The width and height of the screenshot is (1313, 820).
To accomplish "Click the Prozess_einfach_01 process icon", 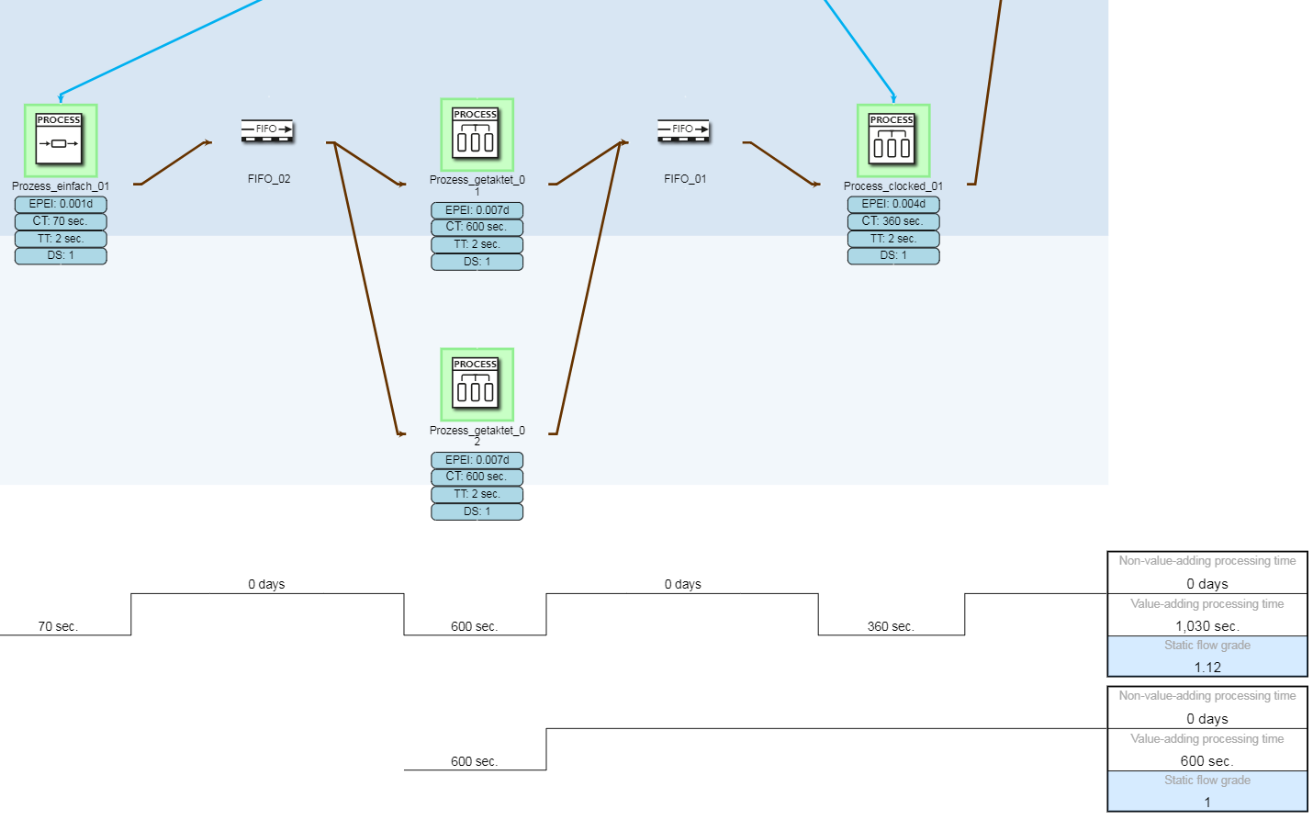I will (60, 140).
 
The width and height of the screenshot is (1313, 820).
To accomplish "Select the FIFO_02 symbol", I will (267, 129).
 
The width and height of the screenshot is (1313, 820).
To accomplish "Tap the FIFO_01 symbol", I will (684, 129).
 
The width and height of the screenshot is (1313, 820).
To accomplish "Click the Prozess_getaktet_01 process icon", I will (477, 135).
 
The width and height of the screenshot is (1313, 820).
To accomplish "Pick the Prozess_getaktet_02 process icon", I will (477, 384).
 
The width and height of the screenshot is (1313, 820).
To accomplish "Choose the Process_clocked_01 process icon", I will (892, 140).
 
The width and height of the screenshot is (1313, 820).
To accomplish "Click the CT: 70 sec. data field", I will (61, 221).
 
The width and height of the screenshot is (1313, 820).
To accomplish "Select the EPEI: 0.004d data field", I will (893, 204).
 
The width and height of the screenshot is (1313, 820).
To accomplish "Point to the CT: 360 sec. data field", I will (893, 221).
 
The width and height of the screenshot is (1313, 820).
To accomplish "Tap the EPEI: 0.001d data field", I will (61, 204).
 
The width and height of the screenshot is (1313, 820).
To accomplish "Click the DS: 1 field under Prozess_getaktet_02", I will (477, 511).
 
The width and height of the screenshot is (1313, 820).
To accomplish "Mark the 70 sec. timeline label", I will (58, 626).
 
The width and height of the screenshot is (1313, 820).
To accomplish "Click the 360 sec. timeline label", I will (891, 626).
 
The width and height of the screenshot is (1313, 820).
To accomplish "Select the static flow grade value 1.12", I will (1207, 668).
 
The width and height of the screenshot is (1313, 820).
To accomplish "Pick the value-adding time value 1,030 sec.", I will (1207, 626).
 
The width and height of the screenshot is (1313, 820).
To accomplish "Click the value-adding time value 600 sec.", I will (1207, 761).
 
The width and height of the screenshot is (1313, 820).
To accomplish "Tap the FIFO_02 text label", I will (269, 179).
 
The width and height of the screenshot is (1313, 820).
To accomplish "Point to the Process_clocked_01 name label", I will (893, 186).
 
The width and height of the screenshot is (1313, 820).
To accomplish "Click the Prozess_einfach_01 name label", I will (61, 186).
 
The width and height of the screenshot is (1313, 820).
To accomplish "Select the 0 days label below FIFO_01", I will (683, 584).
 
